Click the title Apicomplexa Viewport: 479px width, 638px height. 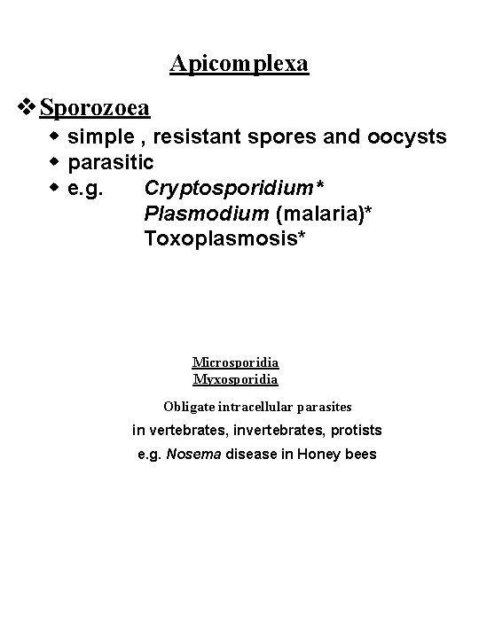coord(239,64)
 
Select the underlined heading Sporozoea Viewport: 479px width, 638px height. coord(95,108)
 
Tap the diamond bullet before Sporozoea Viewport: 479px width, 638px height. coord(27,108)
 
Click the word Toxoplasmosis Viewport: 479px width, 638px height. coord(226,238)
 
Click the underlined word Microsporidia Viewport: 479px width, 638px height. coord(236,362)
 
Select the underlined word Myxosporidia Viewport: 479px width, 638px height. coord(236,379)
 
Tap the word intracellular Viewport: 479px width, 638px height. coord(257,407)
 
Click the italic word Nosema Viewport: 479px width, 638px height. coord(192,454)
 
